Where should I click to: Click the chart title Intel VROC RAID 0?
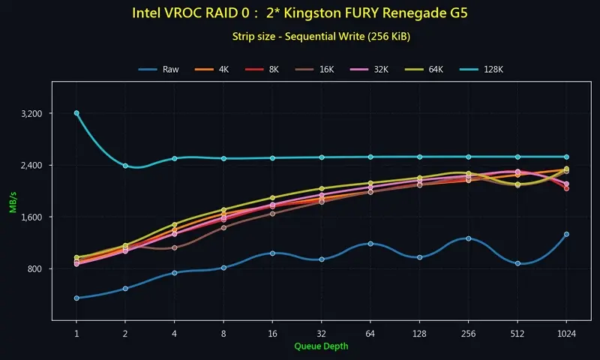pyautogui.click(x=299, y=13)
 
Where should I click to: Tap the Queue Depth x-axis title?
pyautogui.click(x=321, y=346)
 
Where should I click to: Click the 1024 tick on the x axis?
pyautogui.click(x=566, y=332)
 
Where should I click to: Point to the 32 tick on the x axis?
pyautogui.click(x=321, y=332)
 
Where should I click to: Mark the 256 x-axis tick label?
pyautogui.click(x=468, y=332)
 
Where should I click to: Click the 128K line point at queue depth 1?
pyautogui.click(x=76, y=113)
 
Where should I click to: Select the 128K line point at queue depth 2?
pyautogui.click(x=125, y=166)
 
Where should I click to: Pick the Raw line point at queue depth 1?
pyautogui.click(x=76, y=298)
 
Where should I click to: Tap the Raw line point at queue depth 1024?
pyautogui.click(x=566, y=234)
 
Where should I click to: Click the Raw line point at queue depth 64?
pyautogui.click(x=370, y=244)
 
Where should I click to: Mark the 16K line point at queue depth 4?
pyautogui.click(x=174, y=247)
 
